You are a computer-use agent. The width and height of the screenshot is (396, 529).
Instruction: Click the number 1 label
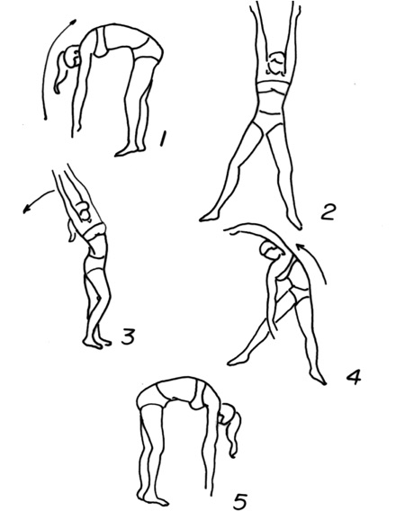click(163, 139)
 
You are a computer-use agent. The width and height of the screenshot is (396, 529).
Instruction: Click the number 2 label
click(328, 212)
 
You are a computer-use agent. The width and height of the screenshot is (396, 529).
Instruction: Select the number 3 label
click(129, 337)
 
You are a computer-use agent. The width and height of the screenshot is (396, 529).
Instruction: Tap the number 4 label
click(353, 377)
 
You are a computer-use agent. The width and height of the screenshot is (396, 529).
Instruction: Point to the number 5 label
click(240, 501)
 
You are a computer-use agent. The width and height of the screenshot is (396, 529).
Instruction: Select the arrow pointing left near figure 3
click(37, 200)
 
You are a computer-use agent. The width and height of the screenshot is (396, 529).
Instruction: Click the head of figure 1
click(73, 57)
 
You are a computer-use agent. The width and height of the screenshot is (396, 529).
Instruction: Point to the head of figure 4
click(269, 251)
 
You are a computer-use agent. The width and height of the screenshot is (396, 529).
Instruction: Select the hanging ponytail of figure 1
click(61, 73)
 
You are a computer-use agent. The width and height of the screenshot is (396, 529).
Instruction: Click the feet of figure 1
click(130, 151)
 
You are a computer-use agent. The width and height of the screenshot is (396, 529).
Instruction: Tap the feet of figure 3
click(97, 343)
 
